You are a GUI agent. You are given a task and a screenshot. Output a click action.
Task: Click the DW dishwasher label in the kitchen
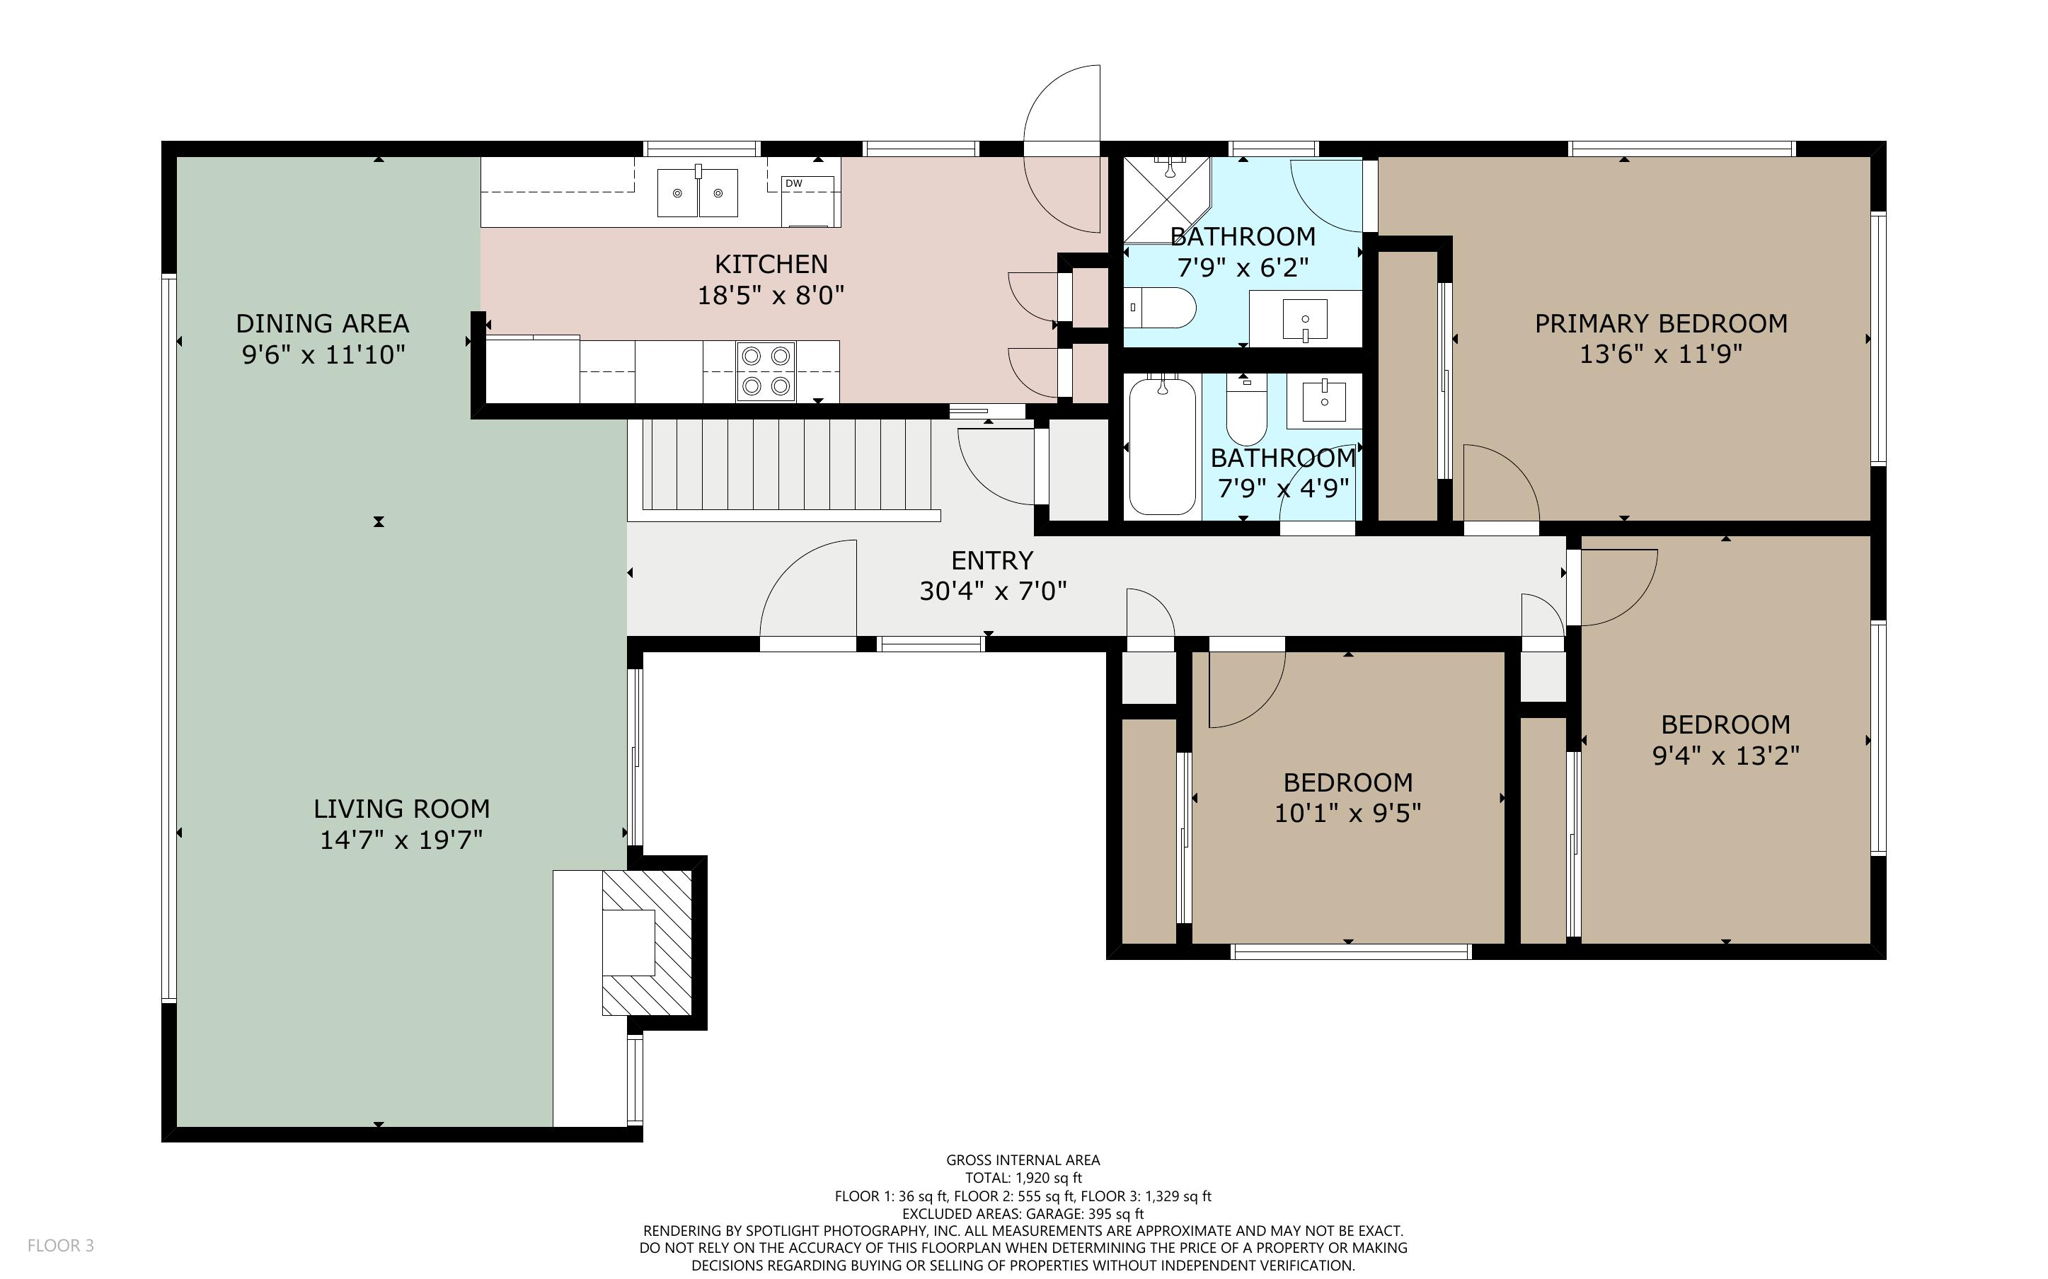pyautogui.click(x=792, y=183)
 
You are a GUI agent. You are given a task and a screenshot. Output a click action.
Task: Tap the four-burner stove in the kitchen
pyautogui.click(x=766, y=371)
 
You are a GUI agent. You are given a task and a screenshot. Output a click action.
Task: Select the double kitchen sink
pyautogui.click(x=697, y=192)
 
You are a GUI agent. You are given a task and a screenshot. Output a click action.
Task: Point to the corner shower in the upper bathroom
pyautogui.click(x=1164, y=198)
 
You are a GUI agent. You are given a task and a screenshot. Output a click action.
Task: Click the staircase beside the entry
pyautogui.click(x=786, y=465)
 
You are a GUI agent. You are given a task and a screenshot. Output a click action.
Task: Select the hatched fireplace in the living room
pyautogui.click(x=646, y=942)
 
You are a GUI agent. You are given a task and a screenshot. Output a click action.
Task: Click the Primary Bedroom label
pyautogui.click(x=1660, y=323)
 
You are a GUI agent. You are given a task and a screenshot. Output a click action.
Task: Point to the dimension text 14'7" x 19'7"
pyautogui.click(x=401, y=840)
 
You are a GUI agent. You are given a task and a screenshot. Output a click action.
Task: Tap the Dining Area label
pyautogui.click(x=322, y=323)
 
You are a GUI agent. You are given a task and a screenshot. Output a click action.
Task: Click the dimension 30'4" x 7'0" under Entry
pyautogui.click(x=992, y=591)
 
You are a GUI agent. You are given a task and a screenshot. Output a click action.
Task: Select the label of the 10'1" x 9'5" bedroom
pyautogui.click(x=1347, y=782)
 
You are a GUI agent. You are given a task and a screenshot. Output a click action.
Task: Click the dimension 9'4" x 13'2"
pyautogui.click(x=1725, y=755)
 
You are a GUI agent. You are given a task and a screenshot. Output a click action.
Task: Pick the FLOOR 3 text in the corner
pyautogui.click(x=60, y=1245)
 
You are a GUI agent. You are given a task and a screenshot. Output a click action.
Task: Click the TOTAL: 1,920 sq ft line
pyautogui.click(x=1023, y=1178)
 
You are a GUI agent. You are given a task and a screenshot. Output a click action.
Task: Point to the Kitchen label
pyautogui.click(x=770, y=264)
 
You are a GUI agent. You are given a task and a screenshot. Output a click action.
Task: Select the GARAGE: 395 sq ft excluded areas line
pyautogui.click(x=1023, y=1213)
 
